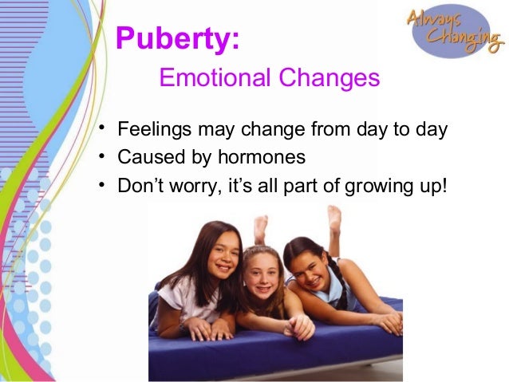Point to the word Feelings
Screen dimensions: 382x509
(151, 130)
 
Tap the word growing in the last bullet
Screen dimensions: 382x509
(373, 187)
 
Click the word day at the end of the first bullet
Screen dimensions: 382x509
(432, 130)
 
